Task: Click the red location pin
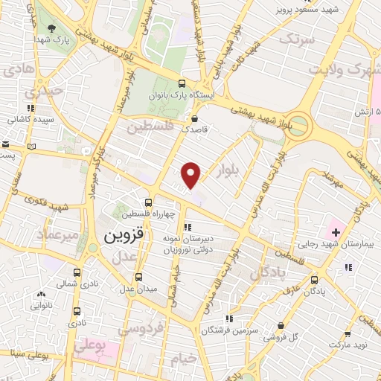pyautogui.click(x=192, y=174)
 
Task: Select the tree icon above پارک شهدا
pyautogui.click(x=51, y=30)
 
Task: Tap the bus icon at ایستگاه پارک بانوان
pyautogui.click(x=182, y=84)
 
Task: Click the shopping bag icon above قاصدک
pyautogui.click(x=195, y=118)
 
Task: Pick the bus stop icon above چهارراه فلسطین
pyautogui.click(x=148, y=202)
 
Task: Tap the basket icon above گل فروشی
pyautogui.click(x=280, y=325)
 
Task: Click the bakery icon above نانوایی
pyautogui.click(x=42, y=293)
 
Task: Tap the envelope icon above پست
pyautogui.click(x=4, y=144)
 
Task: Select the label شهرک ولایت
pyautogui.click(x=346, y=73)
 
